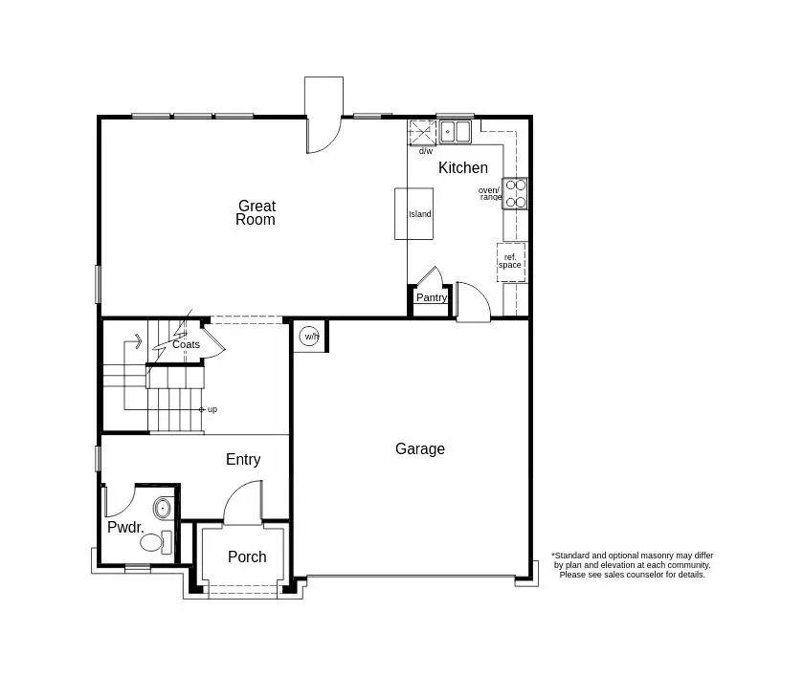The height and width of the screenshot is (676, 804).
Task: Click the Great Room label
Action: coord(257,212)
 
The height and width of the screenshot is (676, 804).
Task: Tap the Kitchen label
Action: coord(463,168)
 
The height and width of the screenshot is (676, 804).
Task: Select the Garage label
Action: coord(420,448)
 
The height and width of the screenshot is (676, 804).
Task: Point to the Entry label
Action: coord(243,460)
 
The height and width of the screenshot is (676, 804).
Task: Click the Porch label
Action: coord(247,556)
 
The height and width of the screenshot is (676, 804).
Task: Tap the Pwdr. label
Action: coord(125,527)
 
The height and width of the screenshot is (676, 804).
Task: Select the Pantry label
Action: coord(432,297)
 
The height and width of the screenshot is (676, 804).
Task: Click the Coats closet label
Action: coord(186,344)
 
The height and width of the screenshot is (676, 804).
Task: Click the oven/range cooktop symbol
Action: coord(516,193)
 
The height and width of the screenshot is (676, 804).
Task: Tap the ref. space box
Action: coord(510,261)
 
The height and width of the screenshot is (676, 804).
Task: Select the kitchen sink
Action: coord(456,132)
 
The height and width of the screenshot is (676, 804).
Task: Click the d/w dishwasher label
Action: coord(425,151)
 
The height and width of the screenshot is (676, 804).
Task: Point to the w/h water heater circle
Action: coord(310,336)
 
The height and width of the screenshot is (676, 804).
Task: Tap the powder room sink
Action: coord(163,508)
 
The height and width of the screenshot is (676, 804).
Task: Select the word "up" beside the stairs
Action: coord(212,409)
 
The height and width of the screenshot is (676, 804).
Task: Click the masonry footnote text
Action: coord(632,565)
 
